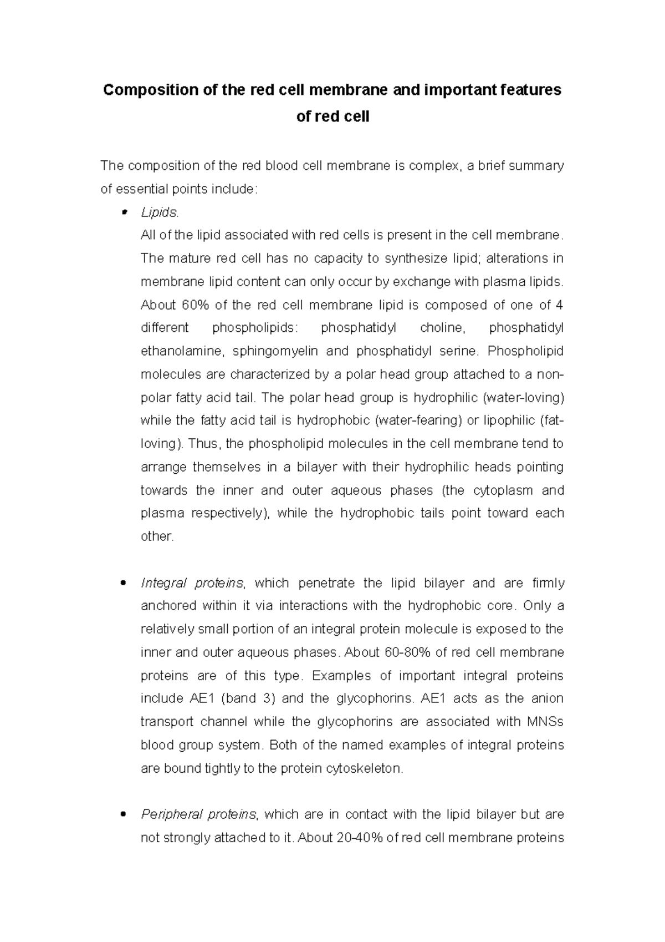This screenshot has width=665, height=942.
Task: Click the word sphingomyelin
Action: pos(275,351)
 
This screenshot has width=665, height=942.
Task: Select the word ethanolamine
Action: pos(183,351)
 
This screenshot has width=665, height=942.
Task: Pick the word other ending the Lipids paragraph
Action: pos(157,536)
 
